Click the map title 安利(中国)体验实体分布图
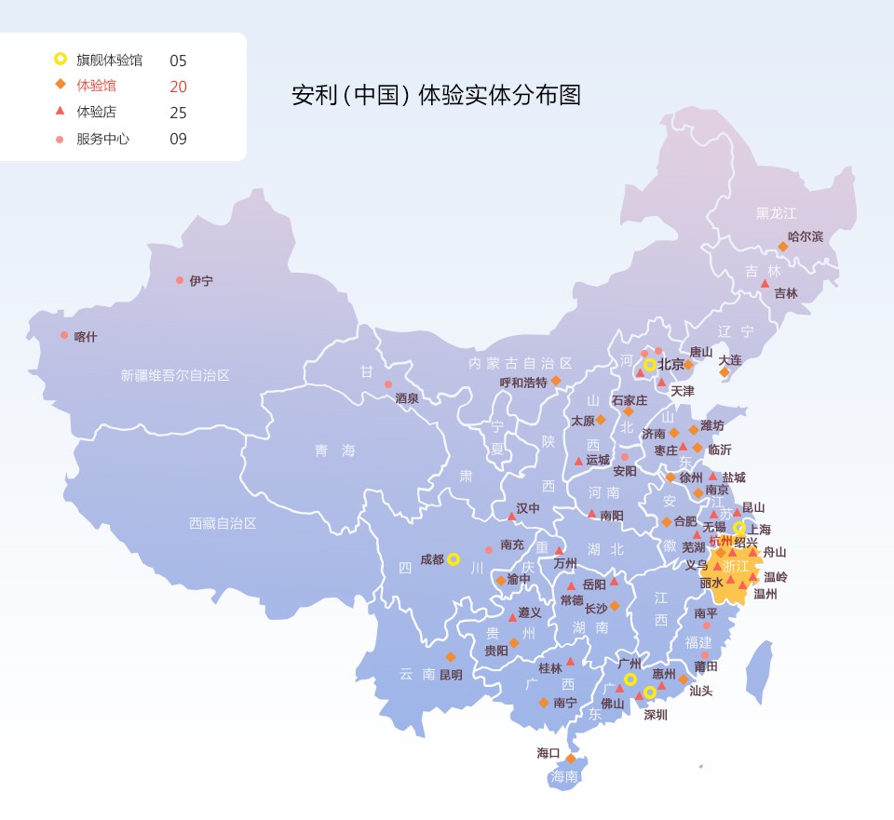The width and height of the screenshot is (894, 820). (436, 95)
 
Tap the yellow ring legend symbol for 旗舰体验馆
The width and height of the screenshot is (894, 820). (60, 60)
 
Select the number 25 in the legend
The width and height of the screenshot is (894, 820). (178, 113)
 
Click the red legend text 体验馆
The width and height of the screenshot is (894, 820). (97, 86)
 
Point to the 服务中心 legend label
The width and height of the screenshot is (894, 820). (102, 139)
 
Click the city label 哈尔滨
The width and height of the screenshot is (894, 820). (806, 236)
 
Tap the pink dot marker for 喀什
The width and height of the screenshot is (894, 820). (64, 335)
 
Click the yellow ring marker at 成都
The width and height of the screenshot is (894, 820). (454, 559)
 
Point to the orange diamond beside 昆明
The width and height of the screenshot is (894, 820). (451, 657)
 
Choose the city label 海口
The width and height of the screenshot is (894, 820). (549, 753)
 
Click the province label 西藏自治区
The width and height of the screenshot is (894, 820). (223, 523)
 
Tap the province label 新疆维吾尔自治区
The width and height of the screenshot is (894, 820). (174, 375)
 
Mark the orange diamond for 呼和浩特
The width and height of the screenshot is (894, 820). (556, 381)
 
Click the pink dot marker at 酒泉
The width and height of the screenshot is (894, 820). (388, 384)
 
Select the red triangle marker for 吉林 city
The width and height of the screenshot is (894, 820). (765, 283)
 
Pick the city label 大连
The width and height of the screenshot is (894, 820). (730, 359)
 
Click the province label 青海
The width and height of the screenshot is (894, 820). (334, 450)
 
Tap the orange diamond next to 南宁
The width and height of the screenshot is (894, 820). (544, 703)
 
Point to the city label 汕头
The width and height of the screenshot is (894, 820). (700, 691)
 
